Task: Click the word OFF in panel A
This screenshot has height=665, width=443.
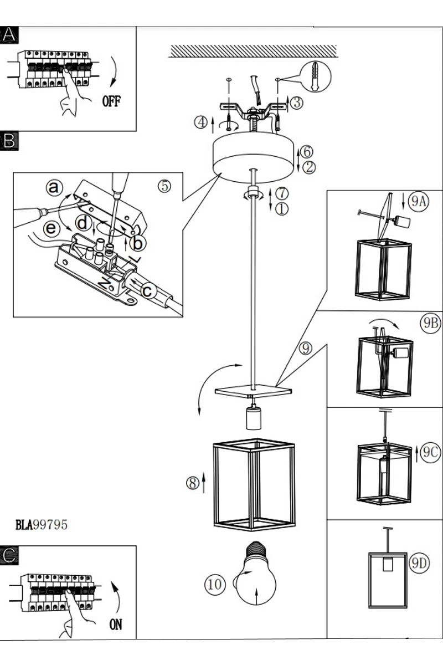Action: point(111,101)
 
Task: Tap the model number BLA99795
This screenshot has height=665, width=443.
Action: point(41,525)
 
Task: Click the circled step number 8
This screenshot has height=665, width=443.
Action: point(193,483)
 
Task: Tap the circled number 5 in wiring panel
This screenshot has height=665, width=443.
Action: point(164,186)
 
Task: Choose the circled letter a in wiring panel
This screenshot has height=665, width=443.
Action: point(54,188)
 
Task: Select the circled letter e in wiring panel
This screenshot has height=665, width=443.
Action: point(51,228)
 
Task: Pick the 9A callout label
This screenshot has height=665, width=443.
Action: point(419,201)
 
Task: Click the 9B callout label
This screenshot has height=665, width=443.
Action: point(430,323)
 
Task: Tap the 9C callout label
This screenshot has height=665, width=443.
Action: point(430,452)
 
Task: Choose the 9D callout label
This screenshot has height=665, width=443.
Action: point(419,563)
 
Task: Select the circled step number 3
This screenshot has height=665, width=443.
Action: point(297,103)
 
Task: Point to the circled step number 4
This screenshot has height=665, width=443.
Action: point(201,122)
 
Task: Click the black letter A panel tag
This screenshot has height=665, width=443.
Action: point(9,35)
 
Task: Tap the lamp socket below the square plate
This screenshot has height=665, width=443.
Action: point(254,418)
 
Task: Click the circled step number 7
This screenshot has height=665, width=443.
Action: point(282,193)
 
